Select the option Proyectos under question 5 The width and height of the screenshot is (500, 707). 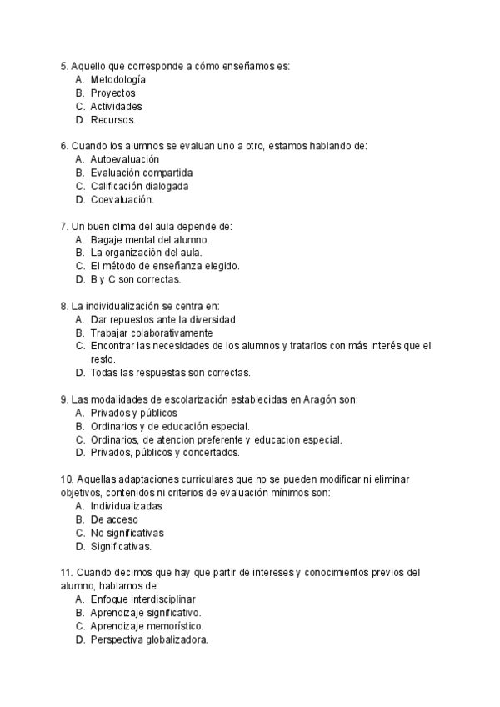point(112,93)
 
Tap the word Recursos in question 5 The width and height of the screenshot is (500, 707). point(112,120)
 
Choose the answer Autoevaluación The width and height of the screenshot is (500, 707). point(125,159)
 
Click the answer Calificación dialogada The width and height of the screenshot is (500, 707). point(139,186)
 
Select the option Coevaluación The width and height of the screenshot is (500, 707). point(122,200)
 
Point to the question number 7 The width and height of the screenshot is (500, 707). point(64,226)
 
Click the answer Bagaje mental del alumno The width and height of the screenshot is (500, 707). point(150,239)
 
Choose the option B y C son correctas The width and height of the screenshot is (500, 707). point(136,279)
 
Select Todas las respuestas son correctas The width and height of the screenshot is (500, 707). point(170,373)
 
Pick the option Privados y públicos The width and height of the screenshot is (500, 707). point(133,413)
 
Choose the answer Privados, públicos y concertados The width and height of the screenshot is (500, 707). point(165,453)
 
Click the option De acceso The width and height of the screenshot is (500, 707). point(115,519)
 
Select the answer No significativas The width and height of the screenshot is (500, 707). point(127,533)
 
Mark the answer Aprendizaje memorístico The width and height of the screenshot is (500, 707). point(147,626)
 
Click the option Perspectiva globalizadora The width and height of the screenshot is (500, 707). point(149,639)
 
